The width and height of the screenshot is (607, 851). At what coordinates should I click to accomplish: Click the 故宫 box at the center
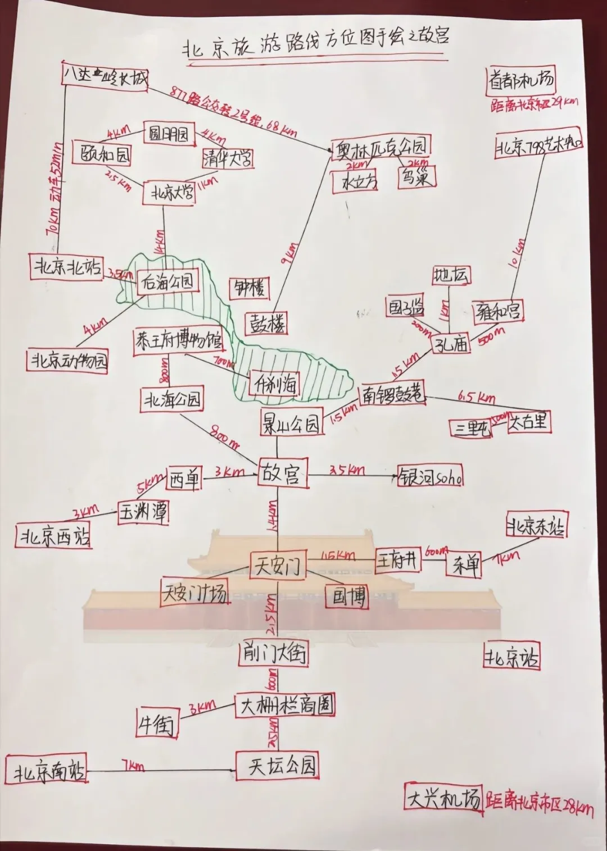(283, 473)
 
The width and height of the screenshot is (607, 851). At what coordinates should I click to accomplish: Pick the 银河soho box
(431, 477)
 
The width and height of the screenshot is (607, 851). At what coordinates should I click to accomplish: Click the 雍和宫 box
(496, 310)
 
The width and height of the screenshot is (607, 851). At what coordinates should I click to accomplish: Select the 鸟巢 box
(416, 177)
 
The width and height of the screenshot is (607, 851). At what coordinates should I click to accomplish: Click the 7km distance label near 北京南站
(133, 765)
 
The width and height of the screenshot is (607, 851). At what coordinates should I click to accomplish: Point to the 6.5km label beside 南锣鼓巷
(477, 397)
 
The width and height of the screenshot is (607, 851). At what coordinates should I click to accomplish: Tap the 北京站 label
(511, 657)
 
